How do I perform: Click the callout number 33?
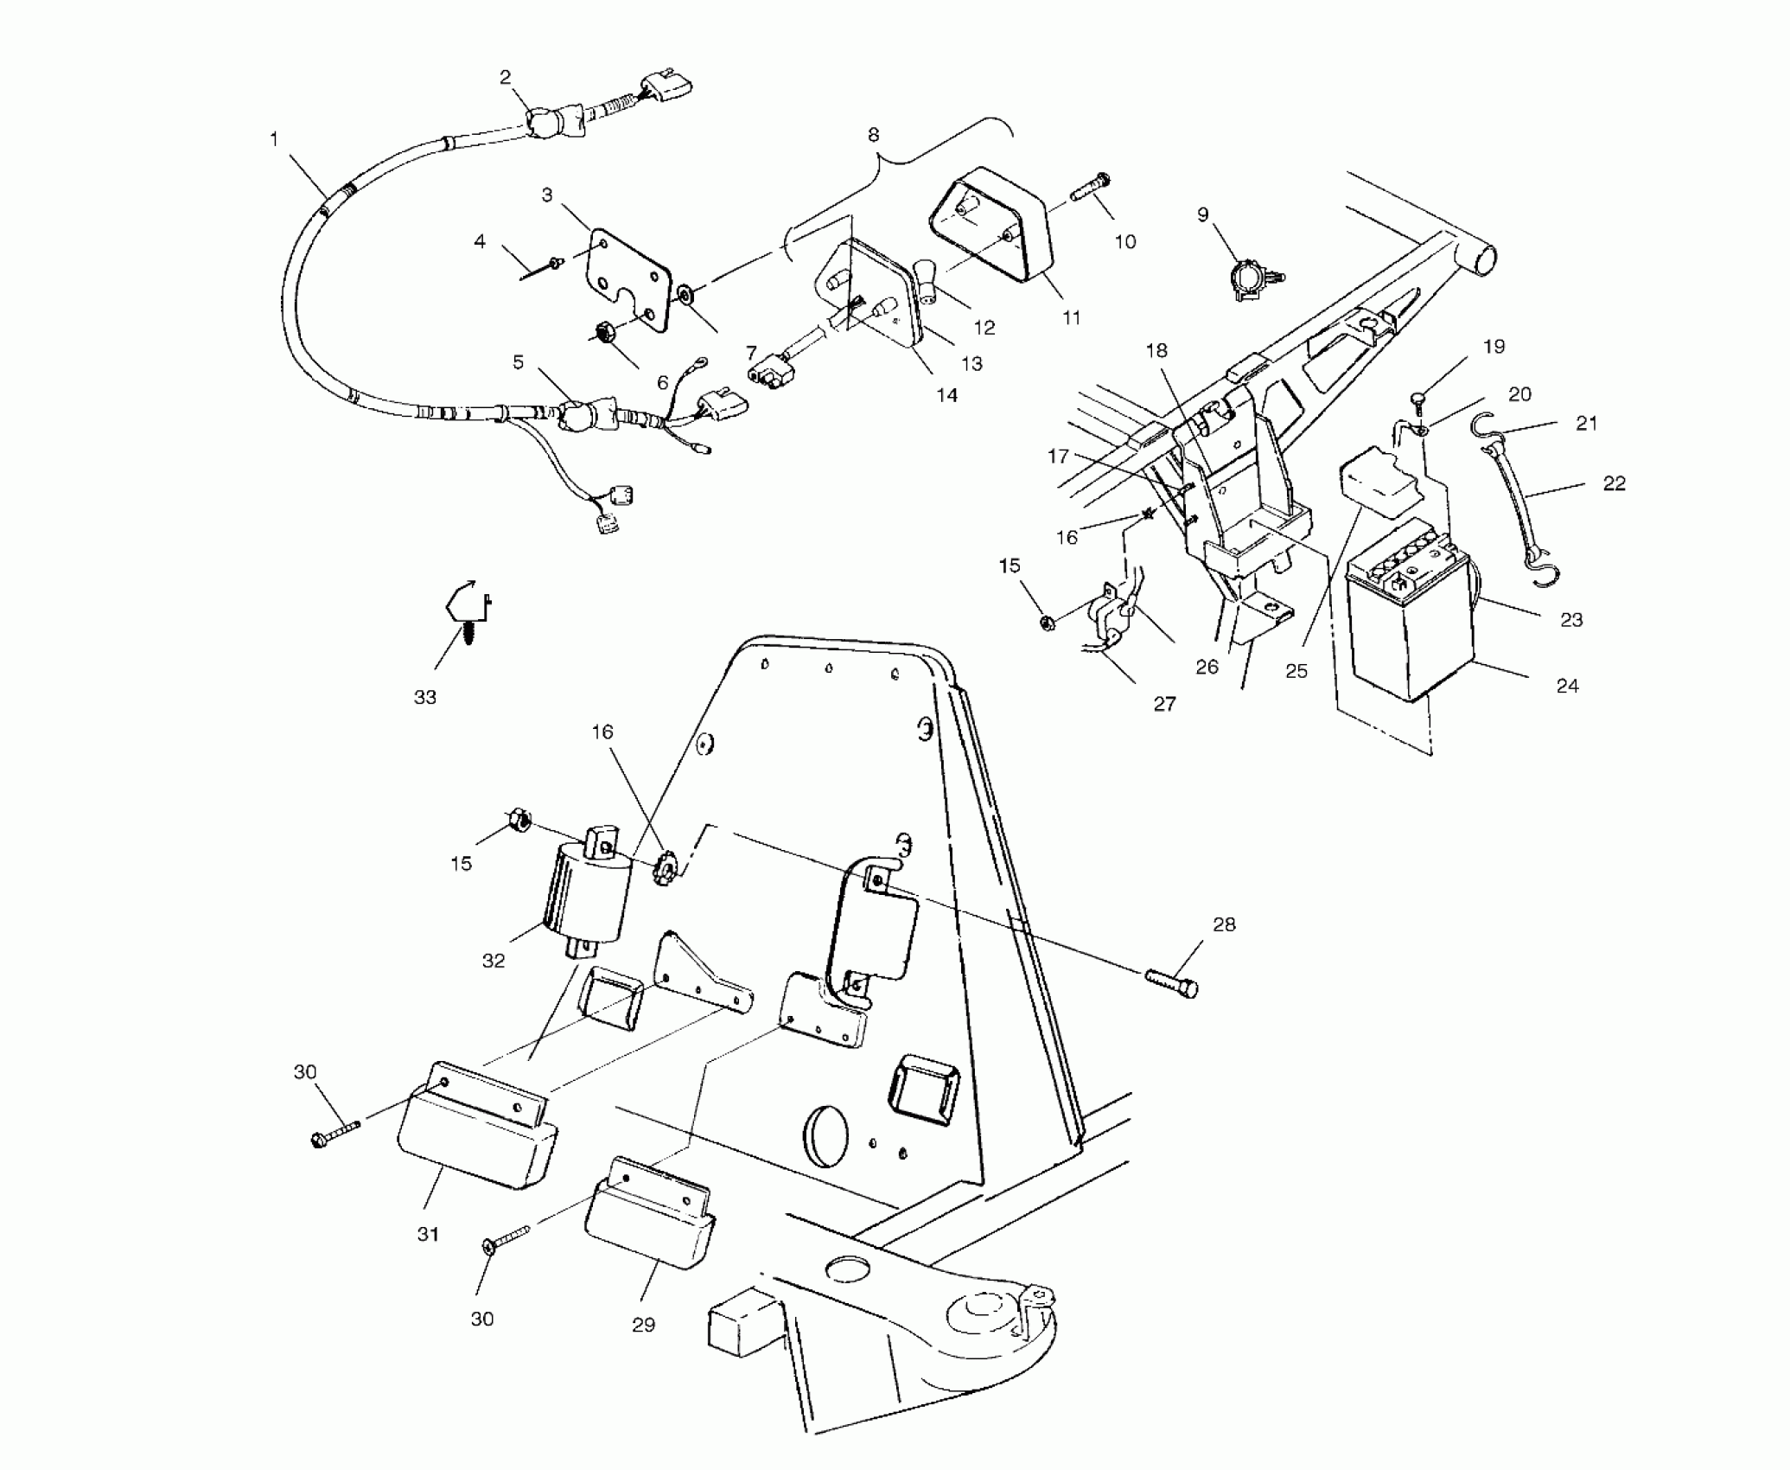[x=425, y=697]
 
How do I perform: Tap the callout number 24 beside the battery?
[x=1567, y=686]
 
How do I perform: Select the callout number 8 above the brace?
[x=873, y=135]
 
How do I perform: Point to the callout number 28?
[x=1224, y=924]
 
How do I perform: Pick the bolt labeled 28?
[x=1172, y=985]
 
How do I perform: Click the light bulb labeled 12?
[x=927, y=278]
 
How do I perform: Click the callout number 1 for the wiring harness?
[x=275, y=138]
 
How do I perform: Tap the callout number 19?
[x=1494, y=346]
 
